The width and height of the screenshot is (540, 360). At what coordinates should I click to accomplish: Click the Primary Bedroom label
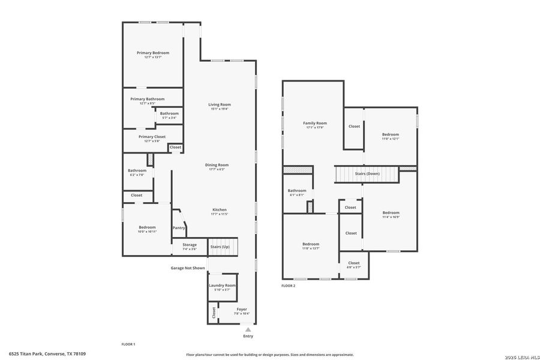click(153, 53)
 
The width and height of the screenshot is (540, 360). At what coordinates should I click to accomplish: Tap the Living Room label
click(220, 104)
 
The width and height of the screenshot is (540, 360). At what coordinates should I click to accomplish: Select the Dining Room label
click(219, 165)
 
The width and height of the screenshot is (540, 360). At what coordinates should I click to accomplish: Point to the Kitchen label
click(218, 209)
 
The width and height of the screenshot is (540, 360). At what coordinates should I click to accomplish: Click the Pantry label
click(179, 228)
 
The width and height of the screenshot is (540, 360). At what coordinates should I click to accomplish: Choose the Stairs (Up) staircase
click(223, 247)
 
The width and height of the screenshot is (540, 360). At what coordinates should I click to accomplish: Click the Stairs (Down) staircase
click(367, 174)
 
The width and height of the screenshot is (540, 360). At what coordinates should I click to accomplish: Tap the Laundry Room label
click(222, 286)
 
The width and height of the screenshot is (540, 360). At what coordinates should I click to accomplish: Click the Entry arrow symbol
click(248, 329)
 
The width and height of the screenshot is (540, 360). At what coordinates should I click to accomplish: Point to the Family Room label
click(314, 123)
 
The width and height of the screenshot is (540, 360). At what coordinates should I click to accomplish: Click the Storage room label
click(190, 245)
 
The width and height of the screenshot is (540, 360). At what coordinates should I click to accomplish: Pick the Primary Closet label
click(152, 137)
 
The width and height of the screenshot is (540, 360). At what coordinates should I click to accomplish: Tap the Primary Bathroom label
click(147, 99)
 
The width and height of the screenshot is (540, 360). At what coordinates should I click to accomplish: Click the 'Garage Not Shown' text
click(188, 268)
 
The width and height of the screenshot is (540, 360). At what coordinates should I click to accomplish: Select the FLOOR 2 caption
click(288, 286)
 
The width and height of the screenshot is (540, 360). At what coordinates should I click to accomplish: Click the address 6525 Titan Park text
click(47, 354)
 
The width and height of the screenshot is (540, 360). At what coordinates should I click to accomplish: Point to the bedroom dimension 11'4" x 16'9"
click(391, 217)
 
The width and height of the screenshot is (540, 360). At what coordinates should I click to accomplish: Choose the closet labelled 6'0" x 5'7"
click(354, 265)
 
